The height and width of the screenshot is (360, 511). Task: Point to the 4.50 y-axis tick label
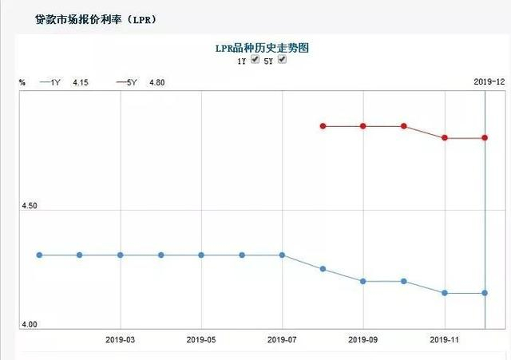tap(30, 206)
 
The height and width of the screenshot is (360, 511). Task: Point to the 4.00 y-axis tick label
tap(30, 324)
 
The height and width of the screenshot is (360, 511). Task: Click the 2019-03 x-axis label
tap(120, 338)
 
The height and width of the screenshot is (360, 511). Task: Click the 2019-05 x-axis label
tap(201, 338)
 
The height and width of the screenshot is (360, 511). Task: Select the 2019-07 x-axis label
tap(282, 338)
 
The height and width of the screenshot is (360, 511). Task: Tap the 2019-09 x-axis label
tap(363, 338)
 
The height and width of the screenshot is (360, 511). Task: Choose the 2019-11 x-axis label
tap(445, 338)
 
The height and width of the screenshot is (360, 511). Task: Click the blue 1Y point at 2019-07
tap(282, 255)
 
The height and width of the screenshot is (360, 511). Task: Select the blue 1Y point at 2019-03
tap(120, 255)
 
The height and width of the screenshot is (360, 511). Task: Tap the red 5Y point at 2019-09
tap(363, 126)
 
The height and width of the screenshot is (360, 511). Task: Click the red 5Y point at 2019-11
tap(445, 138)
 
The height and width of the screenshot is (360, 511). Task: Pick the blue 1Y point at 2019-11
tap(445, 293)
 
